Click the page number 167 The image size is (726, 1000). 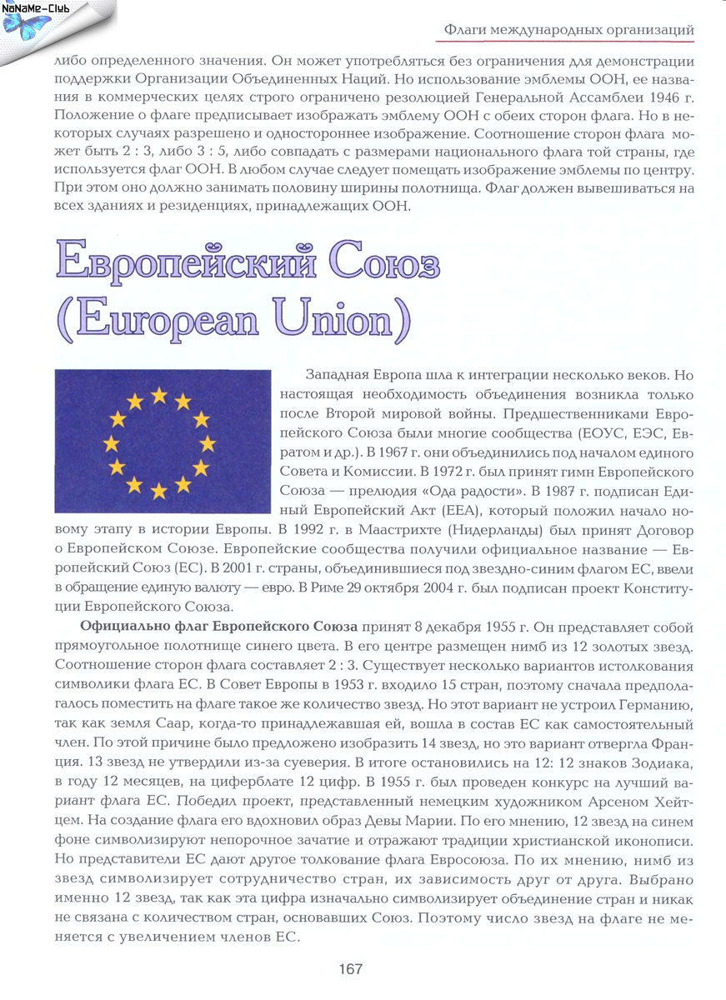[x=350, y=969]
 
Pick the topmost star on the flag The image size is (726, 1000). [x=158, y=394]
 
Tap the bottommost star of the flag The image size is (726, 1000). [x=158, y=491]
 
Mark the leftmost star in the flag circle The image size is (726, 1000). [x=110, y=442]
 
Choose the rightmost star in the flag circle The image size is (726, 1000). [x=208, y=442]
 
